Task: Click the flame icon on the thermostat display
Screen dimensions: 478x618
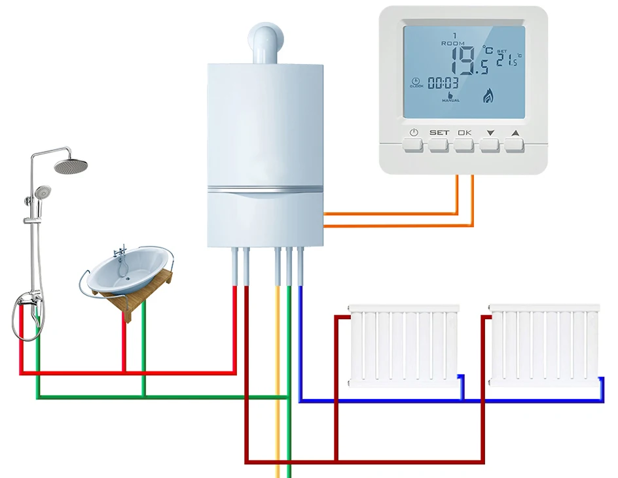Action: coord(488,97)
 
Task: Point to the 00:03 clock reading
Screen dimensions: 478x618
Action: coord(443,83)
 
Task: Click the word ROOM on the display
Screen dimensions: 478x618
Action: coord(452,43)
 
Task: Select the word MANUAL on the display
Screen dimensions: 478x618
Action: coord(450,101)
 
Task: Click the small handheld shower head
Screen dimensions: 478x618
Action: coord(43,192)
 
